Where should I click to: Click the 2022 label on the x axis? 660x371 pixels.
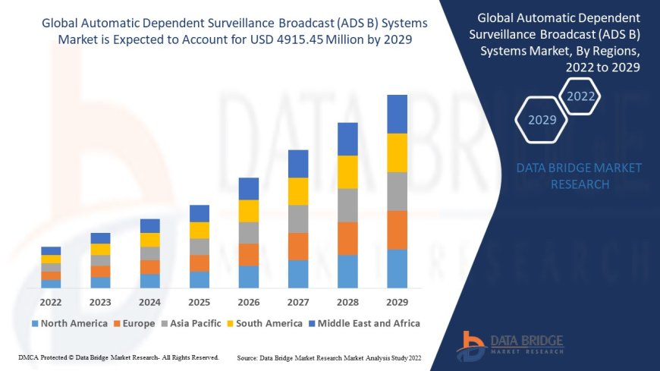(x=51, y=300)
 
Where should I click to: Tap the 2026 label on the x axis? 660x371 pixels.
(x=249, y=300)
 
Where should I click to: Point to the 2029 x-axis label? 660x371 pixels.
(x=397, y=300)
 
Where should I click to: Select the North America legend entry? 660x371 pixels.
(x=69, y=323)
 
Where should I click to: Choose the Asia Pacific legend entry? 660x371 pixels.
(x=193, y=323)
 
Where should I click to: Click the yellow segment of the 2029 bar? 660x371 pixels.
(x=397, y=152)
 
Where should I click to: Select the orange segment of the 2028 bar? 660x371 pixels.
(x=347, y=238)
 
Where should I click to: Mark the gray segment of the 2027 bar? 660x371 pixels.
(x=298, y=219)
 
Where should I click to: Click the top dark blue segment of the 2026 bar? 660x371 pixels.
(x=249, y=189)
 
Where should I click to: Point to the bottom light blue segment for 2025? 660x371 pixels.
(x=200, y=280)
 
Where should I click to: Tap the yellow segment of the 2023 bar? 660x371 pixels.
(x=100, y=249)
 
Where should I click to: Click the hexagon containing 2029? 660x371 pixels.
(x=542, y=120)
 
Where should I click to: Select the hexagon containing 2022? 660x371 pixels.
(x=581, y=96)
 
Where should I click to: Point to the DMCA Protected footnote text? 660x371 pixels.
(x=118, y=357)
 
